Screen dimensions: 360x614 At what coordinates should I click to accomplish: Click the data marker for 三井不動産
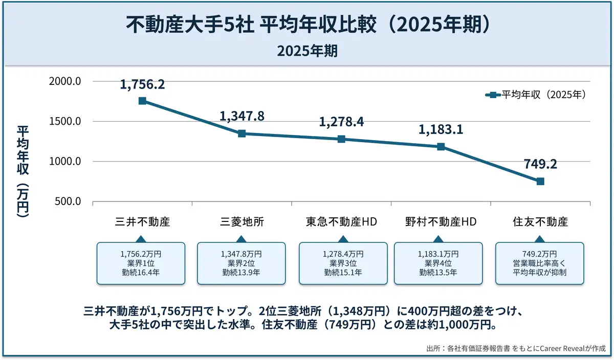pos(142,101)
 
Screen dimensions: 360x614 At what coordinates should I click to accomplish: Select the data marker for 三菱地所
pos(242,133)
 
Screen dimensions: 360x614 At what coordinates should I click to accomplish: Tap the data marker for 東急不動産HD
pos(341,139)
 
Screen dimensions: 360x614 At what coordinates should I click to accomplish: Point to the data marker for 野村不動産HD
pos(441,147)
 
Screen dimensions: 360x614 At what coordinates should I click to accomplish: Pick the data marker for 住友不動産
pos(540,182)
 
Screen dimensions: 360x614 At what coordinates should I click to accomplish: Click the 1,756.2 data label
pos(142,84)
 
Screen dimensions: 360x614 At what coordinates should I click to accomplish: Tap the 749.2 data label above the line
pos(540,164)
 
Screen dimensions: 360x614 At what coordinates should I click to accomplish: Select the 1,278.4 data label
pos(341,122)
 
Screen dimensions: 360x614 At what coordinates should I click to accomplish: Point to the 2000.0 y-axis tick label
pos(65,82)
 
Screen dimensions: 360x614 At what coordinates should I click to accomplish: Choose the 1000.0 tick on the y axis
pos(65,162)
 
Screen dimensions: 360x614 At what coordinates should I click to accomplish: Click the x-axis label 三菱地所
pos(242,222)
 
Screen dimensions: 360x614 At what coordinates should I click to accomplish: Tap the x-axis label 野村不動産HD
pos(441,222)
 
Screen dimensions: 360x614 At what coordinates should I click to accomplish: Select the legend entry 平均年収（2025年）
pos(535,95)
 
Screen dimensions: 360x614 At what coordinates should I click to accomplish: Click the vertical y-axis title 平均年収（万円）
pos(23,171)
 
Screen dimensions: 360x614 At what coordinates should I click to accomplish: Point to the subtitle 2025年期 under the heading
pos(307,51)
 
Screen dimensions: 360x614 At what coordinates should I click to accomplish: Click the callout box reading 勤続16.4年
pos(141,263)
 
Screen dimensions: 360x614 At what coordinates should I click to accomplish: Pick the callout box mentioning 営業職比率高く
pos(540,263)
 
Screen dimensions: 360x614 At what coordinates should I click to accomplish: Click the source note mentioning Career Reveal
pos(516,348)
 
